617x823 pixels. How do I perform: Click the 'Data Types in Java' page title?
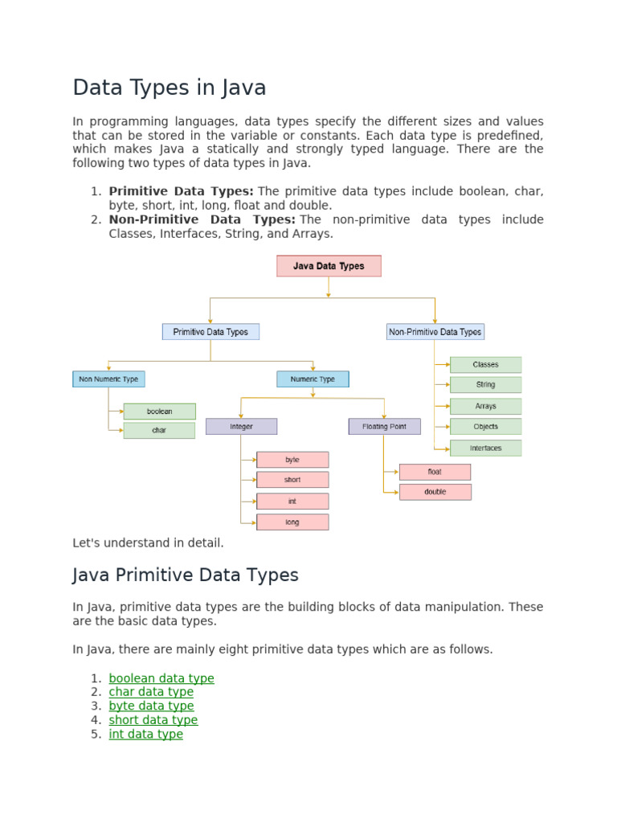point(169,88)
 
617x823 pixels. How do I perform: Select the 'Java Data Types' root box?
point(329,266)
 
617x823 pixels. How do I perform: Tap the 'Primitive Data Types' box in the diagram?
point(210,331)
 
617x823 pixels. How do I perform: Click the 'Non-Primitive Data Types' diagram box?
point(435,331)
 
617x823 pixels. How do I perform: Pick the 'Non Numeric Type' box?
point(108,379)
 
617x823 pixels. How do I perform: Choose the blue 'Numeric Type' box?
point(313,379)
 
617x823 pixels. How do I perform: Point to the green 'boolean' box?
point(159,411)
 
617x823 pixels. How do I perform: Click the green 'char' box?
point(159,431)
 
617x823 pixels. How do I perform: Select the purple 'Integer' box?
point(241,426)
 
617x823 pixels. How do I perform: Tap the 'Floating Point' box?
point(384,426)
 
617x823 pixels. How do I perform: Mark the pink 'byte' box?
point(292,460)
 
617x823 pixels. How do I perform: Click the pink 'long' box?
point(292,522)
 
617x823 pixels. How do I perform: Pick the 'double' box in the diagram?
point(435,492)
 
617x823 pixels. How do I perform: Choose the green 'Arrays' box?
point(485,407)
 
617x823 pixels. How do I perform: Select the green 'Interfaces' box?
point(485,448)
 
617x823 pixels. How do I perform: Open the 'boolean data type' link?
point(161,678)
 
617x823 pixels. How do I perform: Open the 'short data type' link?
point(153,720)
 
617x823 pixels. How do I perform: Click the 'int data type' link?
point(145,734)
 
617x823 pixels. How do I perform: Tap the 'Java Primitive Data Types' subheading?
point(185,575)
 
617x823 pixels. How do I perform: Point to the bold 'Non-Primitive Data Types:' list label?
point(202,219)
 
